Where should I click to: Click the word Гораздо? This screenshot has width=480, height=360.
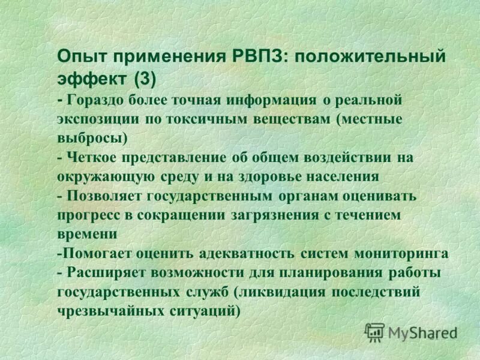tap(97, 99)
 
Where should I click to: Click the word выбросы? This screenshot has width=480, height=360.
tap(92, 137)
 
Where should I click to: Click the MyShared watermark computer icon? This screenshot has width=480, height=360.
tap(374, 331)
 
